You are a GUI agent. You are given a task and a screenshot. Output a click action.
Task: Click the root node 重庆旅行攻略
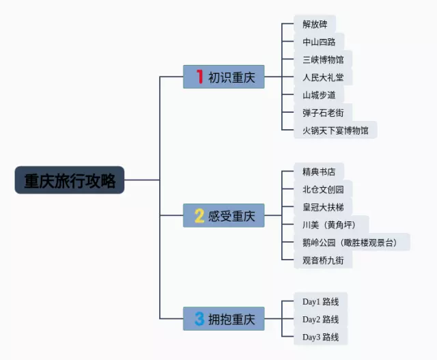pyautogui.click(x=70, y=180)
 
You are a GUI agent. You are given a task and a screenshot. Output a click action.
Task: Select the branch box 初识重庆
pyautogui.click(x=224, y=77)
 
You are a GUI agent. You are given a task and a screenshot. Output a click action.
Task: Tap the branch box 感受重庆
pyautogui.click(x=224, y=216)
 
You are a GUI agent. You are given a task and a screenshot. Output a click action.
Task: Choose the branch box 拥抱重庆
pyautogui.click(x=224, y=318)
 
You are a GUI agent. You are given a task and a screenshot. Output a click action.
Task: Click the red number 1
pyautogui.click(x=199, y=77)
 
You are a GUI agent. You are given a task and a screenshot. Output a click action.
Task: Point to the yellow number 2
pyautogui.click(x=199, y=216)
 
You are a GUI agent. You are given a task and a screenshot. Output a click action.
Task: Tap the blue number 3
pyautogui.click(x=199, y=318)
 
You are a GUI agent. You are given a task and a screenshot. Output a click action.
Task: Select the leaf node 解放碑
pyautogui.click(x=315, y=25)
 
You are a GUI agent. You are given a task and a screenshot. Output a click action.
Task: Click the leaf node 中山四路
pyautogui.click(x=319, y=42)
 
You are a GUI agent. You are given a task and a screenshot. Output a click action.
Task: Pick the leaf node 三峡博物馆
pyautogui.click(x=323, y=59)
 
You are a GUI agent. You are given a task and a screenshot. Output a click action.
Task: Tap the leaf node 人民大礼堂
pyautogui.click(x=323, y=77)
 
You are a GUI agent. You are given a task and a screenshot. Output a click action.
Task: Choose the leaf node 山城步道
pyautogui.click(x=319, y=95)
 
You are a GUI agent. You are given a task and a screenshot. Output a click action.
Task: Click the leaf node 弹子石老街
pyautogui.click(x=323, y=112)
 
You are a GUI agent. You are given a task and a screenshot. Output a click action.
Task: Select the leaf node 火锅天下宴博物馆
pyautogui.click(x=335, y=130)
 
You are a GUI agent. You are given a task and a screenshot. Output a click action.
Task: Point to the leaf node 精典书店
pyautogui.click(x=319, y=171)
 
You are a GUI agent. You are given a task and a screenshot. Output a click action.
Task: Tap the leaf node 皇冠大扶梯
pyautogui.click(x=323, y=207)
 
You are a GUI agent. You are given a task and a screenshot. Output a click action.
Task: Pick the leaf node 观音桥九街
pyautogui.click(x=323, y=260)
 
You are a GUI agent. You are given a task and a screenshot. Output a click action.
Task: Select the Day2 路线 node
pyautogui.click(x=320, y=319)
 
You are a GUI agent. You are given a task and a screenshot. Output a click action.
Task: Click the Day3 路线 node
pyautogui.click(x=320, y=337)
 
